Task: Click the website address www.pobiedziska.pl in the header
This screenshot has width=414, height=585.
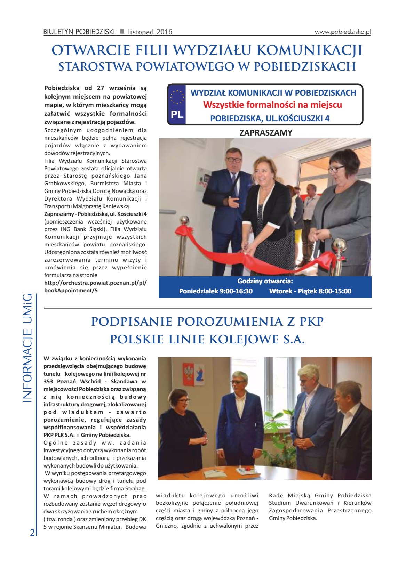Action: (343, 32)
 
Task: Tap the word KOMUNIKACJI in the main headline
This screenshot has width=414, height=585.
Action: (309, 50)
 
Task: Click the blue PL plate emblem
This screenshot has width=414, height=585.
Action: (177, 104)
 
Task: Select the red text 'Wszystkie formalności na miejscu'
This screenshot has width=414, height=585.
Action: (272, 105)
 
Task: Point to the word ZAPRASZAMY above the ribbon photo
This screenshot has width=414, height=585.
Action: (266, 132)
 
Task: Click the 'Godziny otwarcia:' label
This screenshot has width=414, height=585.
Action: (265, 281)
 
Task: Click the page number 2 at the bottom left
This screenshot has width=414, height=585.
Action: (32, 533)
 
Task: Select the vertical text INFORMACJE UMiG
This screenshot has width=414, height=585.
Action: (27, 348)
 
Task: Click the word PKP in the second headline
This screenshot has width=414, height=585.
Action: (311, 322)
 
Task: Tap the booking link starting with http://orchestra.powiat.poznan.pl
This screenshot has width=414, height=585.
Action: (95, 283)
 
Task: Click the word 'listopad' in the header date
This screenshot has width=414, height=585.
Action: (141, 32)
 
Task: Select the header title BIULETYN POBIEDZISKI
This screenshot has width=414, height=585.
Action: (79, 32)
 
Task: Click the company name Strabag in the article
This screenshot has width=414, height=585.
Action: (136, 489)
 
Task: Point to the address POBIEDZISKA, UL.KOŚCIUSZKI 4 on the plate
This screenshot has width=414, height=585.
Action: (270, 118)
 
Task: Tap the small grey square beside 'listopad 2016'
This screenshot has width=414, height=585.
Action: (122, 31)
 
